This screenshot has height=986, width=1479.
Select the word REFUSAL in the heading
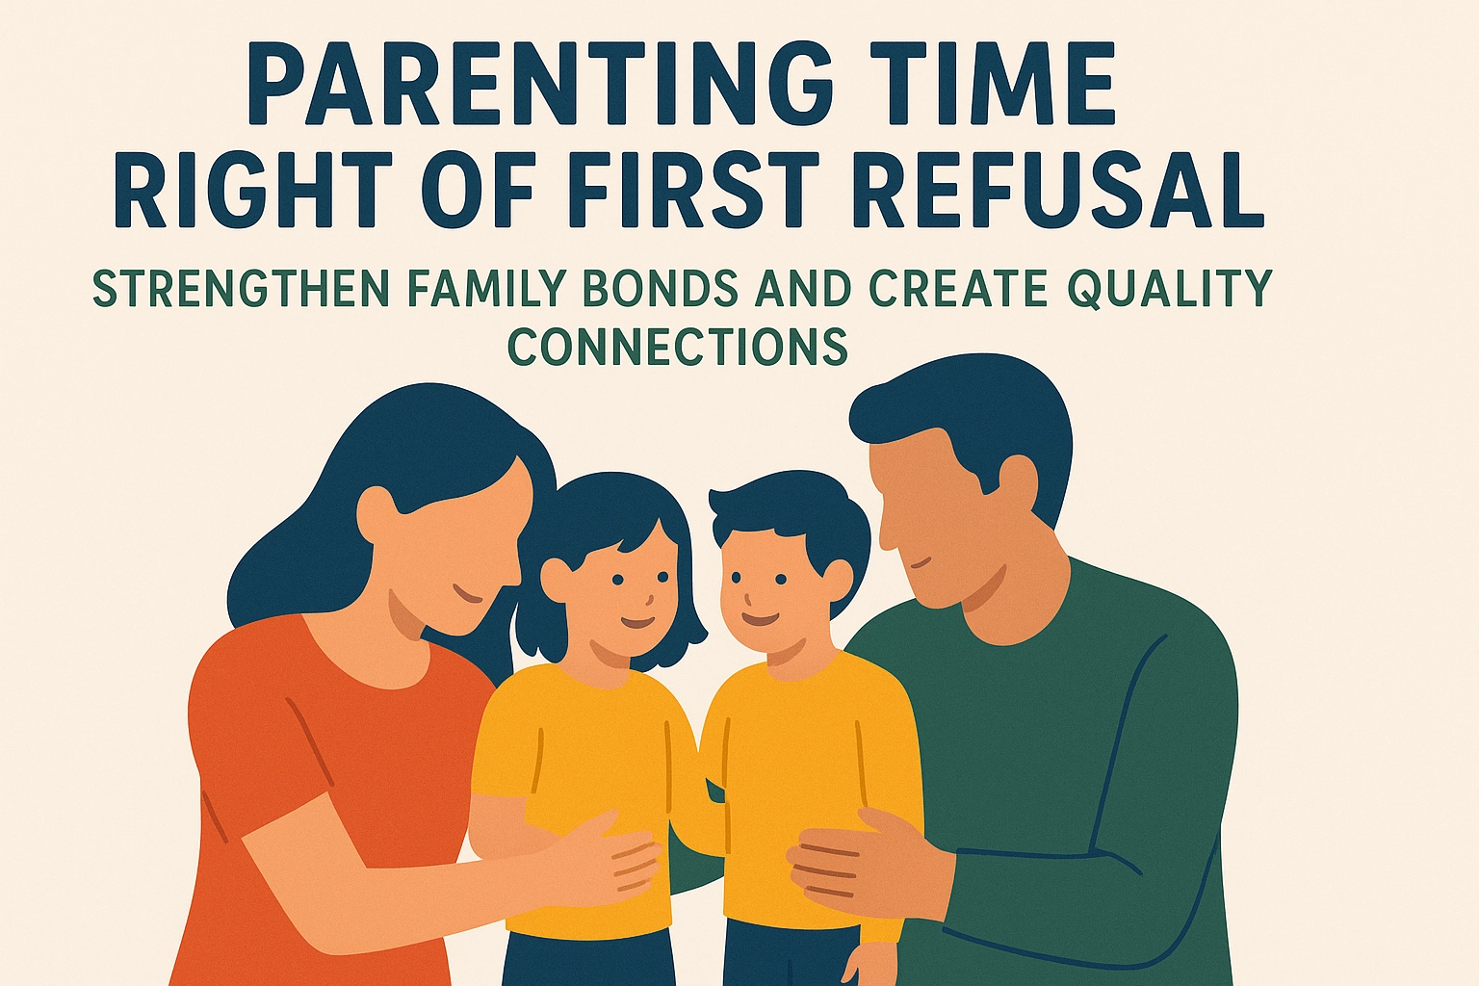tap(1062, 190)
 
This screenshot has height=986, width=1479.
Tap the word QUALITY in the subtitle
tap(1169, 289)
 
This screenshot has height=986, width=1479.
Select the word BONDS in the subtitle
tap(662, 288)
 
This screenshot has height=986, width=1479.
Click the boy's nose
tap(747, 600)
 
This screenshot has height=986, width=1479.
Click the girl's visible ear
tap(556, 578)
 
